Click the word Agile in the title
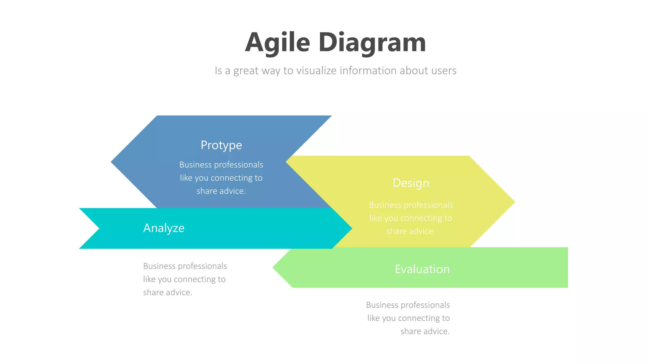pyautogui.click(x=277, y=42)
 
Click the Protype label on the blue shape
pyautogui.click(x=221, y=145)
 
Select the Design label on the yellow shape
pyautogui.click(x=411, y=183)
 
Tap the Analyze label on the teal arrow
pyautogui.click(x=164, y=228)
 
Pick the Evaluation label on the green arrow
pyautogui.click(x=422, y=269)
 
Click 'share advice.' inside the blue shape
pyautogui.click(x=221, y=191)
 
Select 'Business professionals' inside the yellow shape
pyautogui.click(x=411, y=205)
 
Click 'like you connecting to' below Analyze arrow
pyautogui.click(x=184, y=279)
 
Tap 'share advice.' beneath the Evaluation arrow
pyautogui.click(x=425, y=331)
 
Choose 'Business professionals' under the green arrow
pyautogui.click(x=408, y=305)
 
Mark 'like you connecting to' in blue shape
pyautogui.click(x=221, y=178)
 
